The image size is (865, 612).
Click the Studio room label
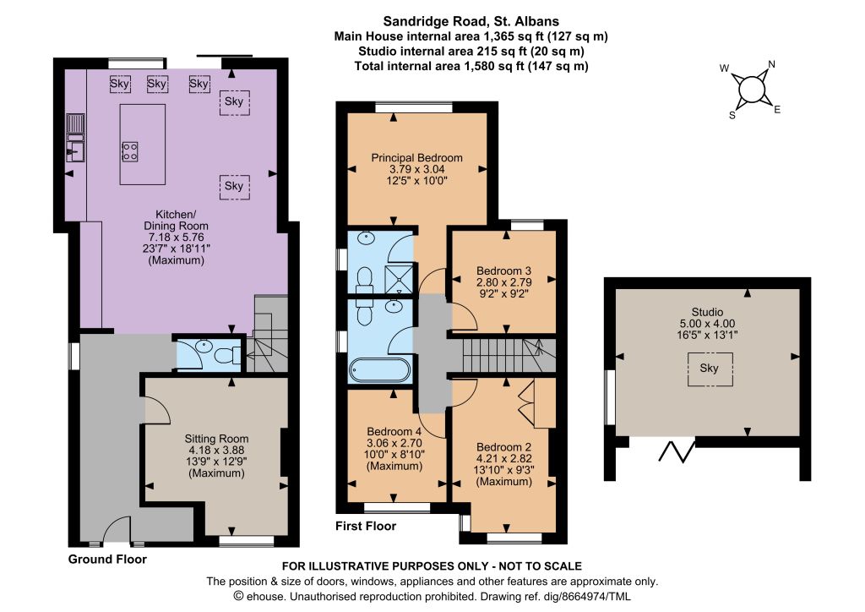pyautogui.click(x=707, y=312)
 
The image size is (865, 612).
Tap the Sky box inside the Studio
pyautogui.click(x=710, y=369)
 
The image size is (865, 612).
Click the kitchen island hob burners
pyautogui.click(x=130, y=151)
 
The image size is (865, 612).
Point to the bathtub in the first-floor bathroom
pyautogui.click(x=379, y=369)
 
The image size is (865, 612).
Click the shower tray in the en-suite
pyautogui.click(x=399, y=277)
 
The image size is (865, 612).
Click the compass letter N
pyautogui.click(x=771, y=64)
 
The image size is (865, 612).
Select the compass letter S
pyautogui.click(x=732, y=115)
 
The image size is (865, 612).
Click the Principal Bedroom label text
pyautogui.click(x=416, y=157)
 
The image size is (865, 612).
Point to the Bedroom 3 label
pyautogui.click(x=503, y=270)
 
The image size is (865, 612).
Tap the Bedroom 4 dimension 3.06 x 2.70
pyautogui.click(x=394, y=443)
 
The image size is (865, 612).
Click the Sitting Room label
pyautogui.click(x=216, y=438)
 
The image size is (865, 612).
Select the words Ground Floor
pyautogui.click(x=107, y=559)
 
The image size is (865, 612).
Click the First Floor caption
pyautogui.click(x=366, y=526)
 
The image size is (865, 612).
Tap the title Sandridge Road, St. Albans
pyautogui.click(x=471, y=21)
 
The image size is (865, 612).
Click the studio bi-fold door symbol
pyautogui.click(x=677, y=451)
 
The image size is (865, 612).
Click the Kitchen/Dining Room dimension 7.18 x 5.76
pyautogui.click(x=176, y=238)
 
